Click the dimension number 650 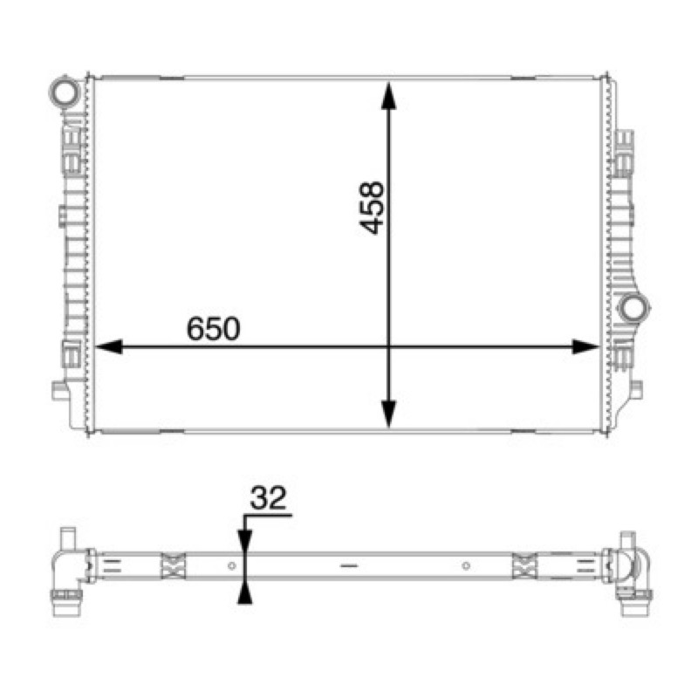pos(213,329)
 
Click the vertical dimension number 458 pos(372,208)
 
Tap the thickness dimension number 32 pos(268,498)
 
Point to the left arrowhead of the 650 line pos(109,346)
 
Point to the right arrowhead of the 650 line pos(585,346)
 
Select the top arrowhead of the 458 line pos(388,95)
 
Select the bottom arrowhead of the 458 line pos(388,414)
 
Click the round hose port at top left pos(64,92)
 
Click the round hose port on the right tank pos(634,308)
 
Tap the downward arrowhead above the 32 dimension pos(245,543)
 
